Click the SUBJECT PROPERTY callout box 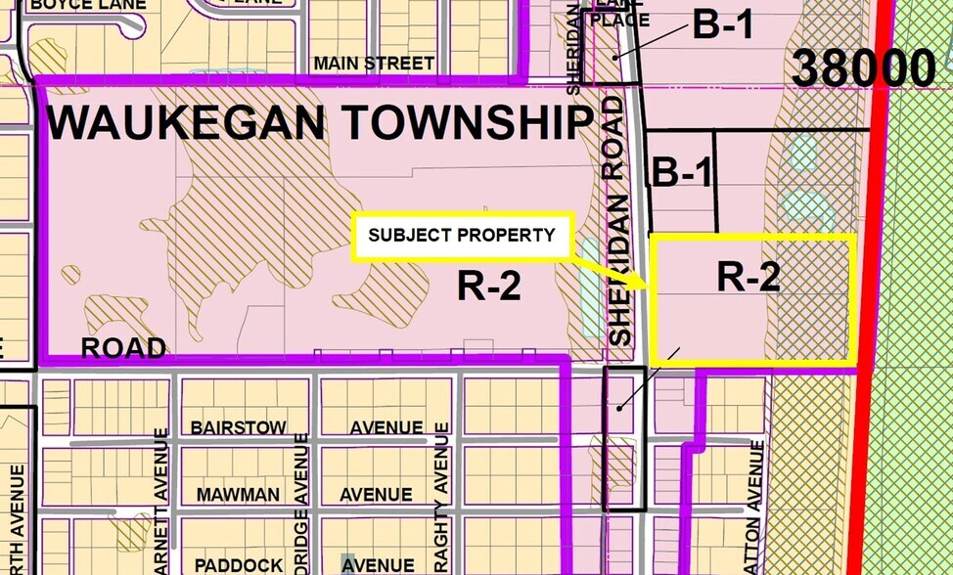(462, 236)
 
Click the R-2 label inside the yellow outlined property (749, 278)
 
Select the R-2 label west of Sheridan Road (488, 287)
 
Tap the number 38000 (863, 69)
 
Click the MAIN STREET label (374, 64)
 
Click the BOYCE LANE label (88, 5)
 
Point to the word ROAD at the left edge (123, 348)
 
